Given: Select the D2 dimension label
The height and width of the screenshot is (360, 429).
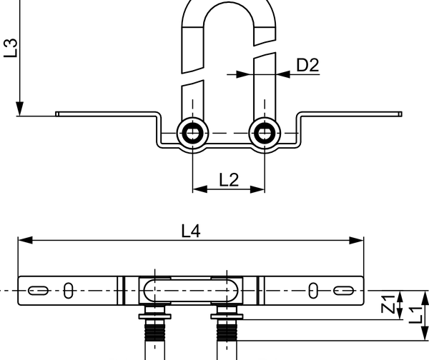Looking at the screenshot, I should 307,65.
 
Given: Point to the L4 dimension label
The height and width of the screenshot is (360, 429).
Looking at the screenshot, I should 192,230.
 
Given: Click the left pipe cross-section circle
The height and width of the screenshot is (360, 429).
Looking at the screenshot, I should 192,132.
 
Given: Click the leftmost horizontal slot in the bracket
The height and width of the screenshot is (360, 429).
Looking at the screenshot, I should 38,291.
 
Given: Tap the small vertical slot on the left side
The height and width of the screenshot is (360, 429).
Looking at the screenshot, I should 69,291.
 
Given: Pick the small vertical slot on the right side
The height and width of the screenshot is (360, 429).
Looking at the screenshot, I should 313,291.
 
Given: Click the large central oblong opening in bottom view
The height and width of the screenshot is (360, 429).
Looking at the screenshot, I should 192,291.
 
